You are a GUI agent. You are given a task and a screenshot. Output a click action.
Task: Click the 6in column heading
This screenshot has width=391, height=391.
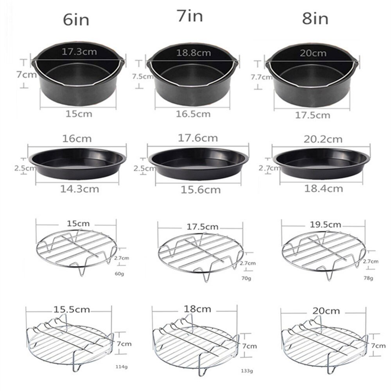coord(77,20)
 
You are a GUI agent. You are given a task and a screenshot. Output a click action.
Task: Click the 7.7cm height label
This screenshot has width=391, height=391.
coord(262,77)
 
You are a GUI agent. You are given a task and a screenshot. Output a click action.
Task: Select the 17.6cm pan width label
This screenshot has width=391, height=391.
coord(198,138)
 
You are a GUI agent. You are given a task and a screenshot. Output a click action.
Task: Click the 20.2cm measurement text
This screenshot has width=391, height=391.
coord(323,139)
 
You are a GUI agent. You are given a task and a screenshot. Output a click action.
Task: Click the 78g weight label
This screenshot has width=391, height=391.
coord(368,278)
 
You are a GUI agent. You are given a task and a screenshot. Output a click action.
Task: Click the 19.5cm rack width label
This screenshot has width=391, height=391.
coord(323,225)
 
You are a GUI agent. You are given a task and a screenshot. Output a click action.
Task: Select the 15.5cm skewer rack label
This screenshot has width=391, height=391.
coord(71,310)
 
